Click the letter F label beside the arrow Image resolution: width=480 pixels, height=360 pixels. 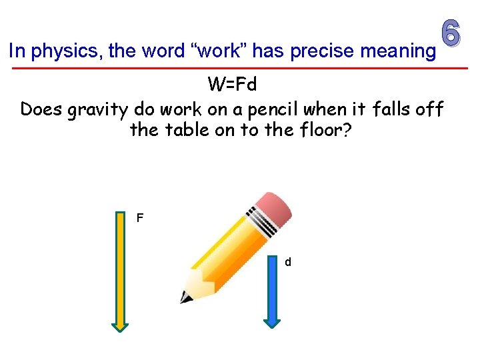point(139,218)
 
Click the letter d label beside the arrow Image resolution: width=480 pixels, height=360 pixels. point(288,263)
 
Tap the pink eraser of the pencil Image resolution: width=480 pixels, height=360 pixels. point(274,209)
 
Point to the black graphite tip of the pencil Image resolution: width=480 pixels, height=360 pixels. point(185,297)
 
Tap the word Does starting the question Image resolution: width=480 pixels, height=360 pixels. point(41,109)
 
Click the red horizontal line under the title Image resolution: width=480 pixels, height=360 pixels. point(240,68)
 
